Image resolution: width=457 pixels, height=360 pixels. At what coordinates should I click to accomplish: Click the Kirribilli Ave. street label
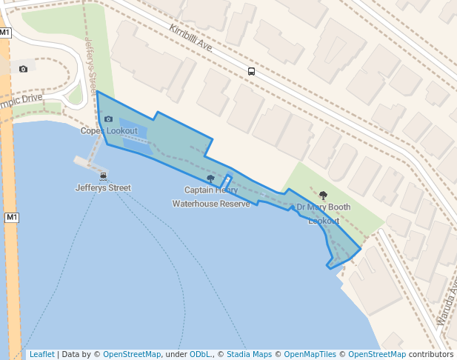(x=191, y=39)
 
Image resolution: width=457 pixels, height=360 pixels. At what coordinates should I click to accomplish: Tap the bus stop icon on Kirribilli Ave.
(x=252, y=72)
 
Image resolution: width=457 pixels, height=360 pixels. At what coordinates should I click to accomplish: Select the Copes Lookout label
(x=109, y=131)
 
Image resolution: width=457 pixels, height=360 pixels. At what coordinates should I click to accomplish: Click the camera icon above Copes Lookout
(x=109, y=119)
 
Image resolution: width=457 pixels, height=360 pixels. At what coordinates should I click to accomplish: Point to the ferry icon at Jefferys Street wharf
(x=103, y=176)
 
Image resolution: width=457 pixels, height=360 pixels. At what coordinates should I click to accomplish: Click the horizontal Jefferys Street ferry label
(x=103, y=188)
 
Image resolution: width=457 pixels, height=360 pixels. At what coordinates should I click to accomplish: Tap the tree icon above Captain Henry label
(x=211, y=179)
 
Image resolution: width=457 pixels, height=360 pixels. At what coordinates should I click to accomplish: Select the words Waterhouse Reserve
(x=211, y=204)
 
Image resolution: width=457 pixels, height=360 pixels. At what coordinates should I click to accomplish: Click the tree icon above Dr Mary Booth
(x=323, y=196)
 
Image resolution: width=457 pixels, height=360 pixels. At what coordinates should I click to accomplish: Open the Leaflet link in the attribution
(x=41, y=354)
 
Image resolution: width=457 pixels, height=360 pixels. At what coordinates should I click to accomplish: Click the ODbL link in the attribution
(x=200, y=354)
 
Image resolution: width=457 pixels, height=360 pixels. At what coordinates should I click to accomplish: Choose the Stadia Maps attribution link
(x=249, y=354)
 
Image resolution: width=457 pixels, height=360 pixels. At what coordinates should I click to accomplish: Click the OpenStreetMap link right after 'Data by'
(x=132, y=354)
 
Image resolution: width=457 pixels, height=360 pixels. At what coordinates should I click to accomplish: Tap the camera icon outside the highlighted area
(x=24, y=69)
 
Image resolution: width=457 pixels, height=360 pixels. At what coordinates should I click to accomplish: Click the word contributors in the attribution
(x=431, y=354)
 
